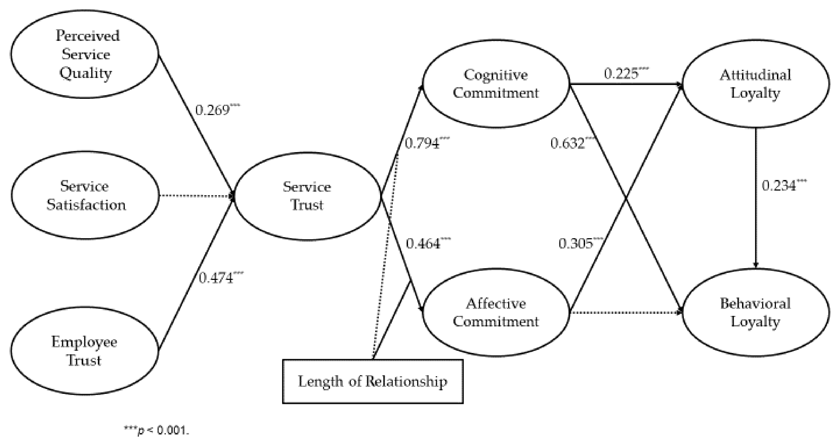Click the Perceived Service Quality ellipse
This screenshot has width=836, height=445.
[85, 54]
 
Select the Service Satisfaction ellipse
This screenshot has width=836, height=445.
[85, 195]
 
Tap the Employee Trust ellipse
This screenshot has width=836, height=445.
[84, 351]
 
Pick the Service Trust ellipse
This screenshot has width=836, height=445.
[307, 196]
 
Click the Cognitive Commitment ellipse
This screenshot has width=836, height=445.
[496, 84]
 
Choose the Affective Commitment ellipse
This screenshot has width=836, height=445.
[496, 313]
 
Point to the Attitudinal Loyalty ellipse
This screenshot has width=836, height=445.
[755, 84]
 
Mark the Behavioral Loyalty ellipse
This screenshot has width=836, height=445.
[755, 313]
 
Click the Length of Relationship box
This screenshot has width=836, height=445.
[373, 381]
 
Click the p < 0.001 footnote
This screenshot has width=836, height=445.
[156, 430]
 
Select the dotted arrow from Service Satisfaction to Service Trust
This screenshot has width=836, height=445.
[195, 196]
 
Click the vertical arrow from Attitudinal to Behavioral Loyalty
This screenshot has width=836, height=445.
[756, 198]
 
